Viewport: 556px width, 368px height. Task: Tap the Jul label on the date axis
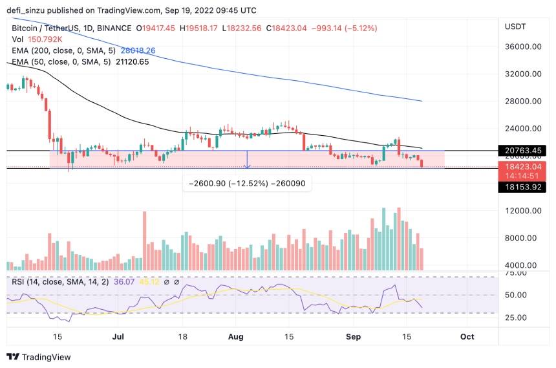pos(118,337)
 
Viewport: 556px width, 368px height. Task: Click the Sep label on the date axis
pos(353,337)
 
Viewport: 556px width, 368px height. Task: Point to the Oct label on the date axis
pos(467,337)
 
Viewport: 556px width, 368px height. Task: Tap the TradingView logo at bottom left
pos(39,357)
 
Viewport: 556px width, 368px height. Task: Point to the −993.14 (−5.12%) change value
pos(344,28)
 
